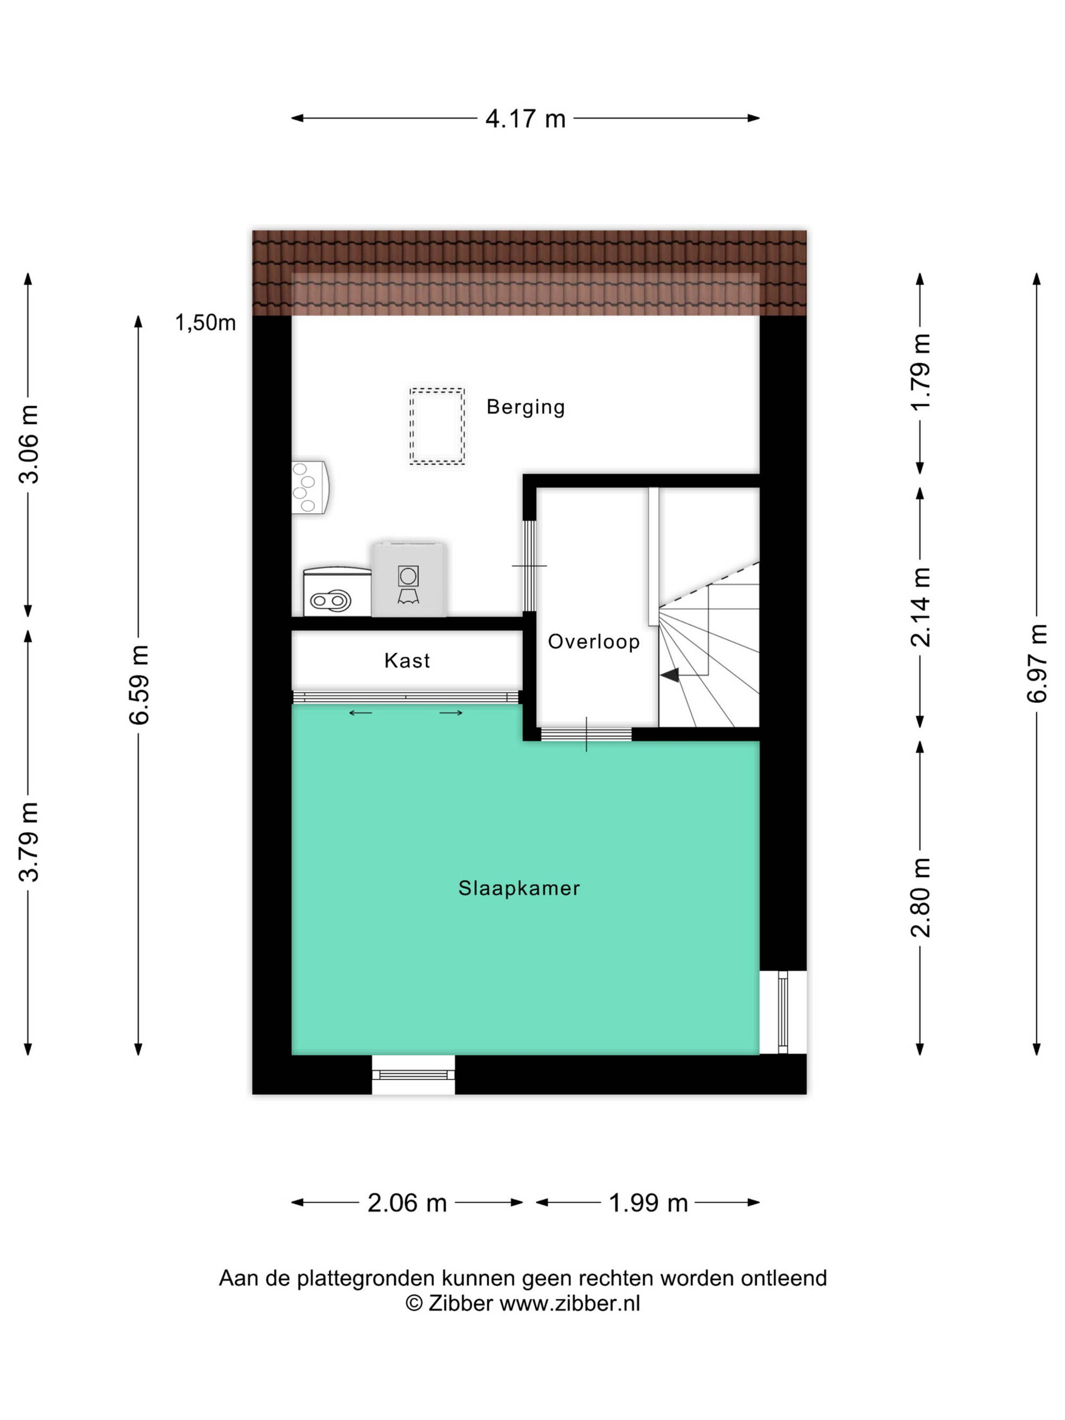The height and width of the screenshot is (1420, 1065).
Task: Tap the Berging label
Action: point(525,407)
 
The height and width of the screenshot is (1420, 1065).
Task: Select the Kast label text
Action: point(407,661)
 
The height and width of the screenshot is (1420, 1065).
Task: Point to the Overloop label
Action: point(594,641)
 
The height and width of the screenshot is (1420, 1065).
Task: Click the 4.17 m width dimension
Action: point(525,119)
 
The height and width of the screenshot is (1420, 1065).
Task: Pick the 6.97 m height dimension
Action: point(1037,663)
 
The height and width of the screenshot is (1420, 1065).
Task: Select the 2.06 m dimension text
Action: point(407,1203)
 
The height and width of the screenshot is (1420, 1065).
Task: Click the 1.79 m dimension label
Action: point(921,372)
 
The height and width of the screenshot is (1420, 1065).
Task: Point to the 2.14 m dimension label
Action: point(921,606)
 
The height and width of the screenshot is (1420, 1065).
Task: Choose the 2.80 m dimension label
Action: point(921,898)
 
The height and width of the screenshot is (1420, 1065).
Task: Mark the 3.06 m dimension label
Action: point(29,444)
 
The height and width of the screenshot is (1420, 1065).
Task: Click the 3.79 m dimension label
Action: point(29,842)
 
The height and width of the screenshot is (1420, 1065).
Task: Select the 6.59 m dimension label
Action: point(138,685)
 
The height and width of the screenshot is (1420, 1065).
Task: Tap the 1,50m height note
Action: point(206,323)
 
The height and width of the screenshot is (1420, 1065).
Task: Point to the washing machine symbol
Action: point(408,580)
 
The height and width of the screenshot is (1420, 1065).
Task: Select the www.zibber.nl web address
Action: point(569,1303)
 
